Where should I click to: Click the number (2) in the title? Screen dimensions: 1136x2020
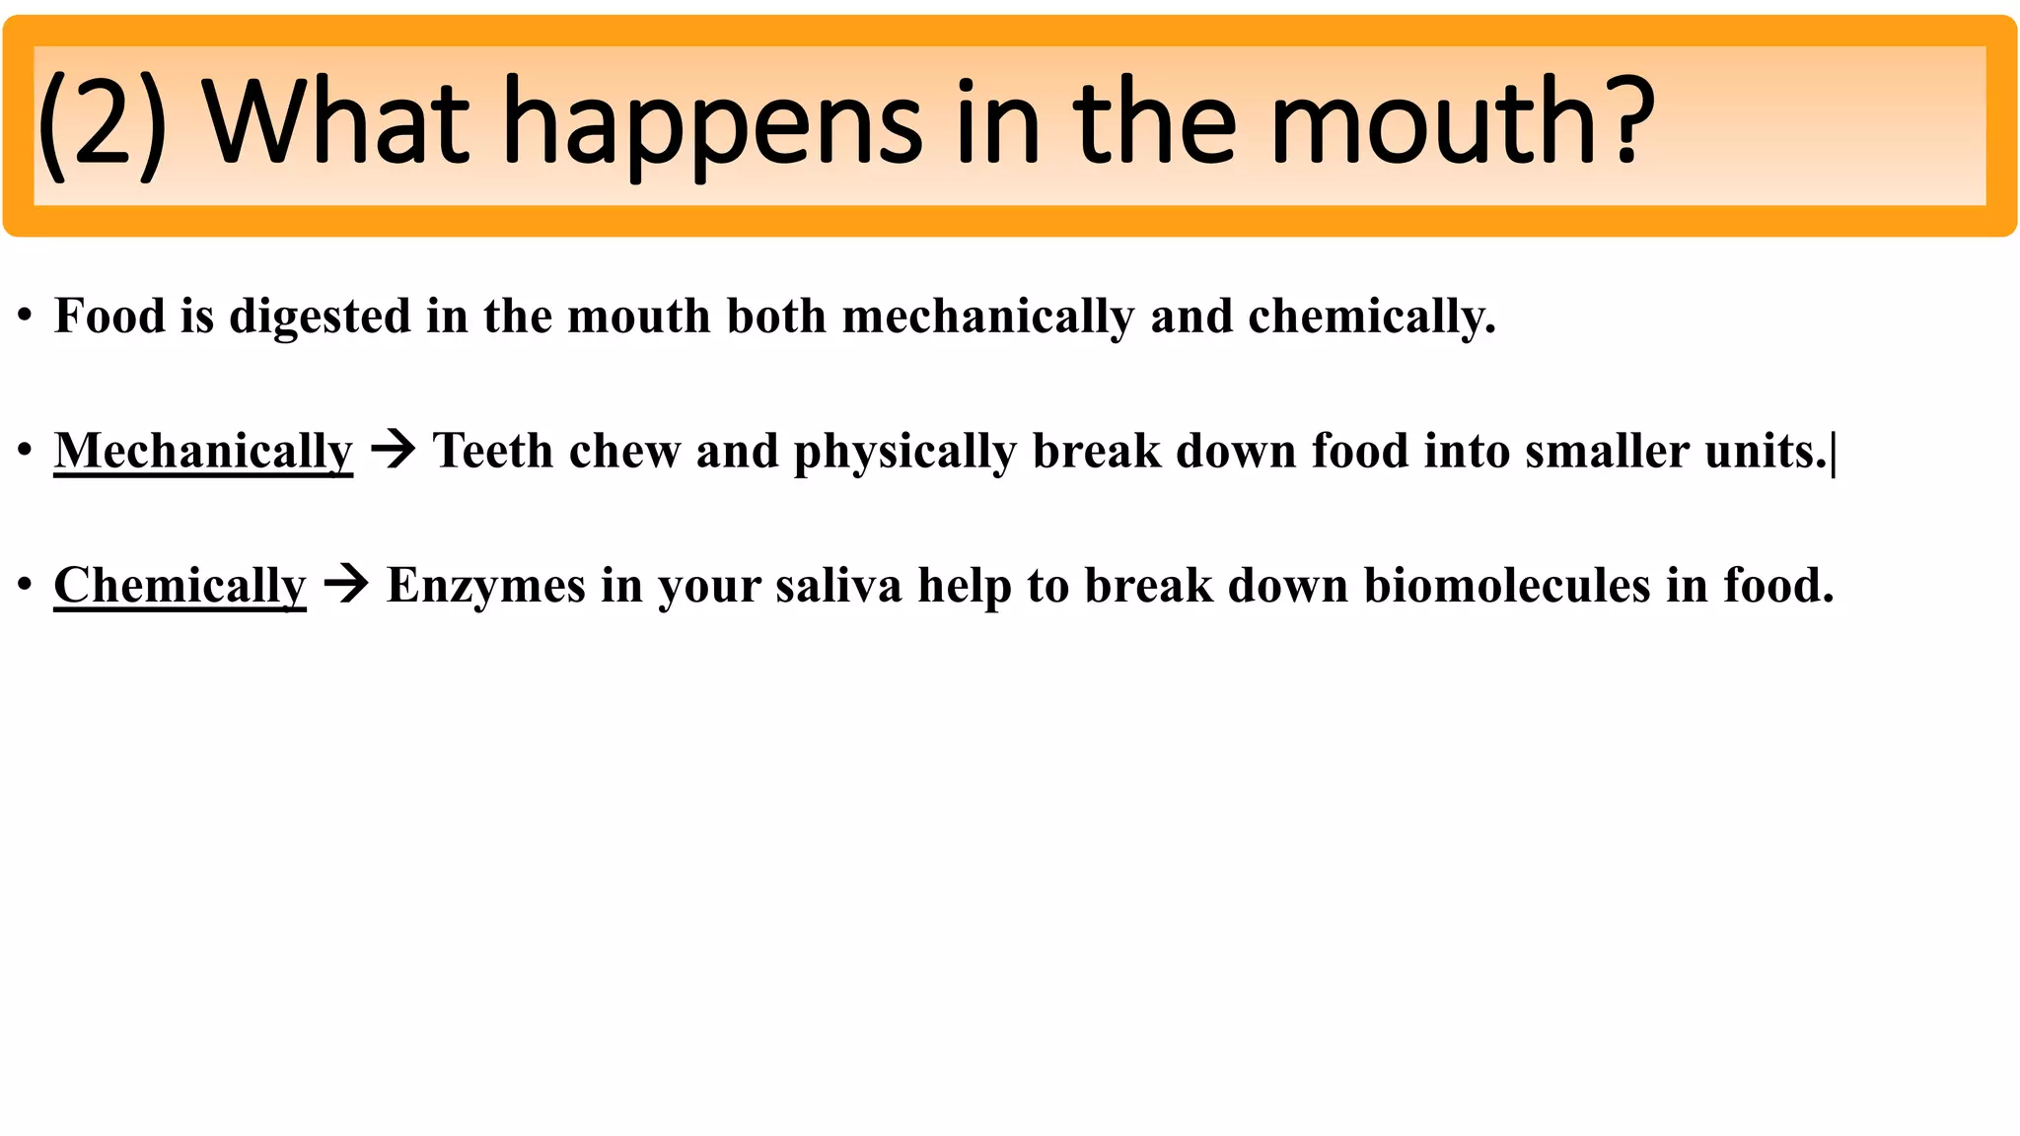pyautogui.click(x=102, y=125)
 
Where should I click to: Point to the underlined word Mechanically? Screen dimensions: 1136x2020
pyautogui.click(x=203, y=452)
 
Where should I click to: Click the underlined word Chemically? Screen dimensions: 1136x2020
pyautogui.click(x=180, y=586)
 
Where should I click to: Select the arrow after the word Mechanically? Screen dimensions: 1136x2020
pyautogui.click(x=393, y=451)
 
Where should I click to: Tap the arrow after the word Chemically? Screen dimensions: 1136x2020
pyautogui.click(x=346, y=585)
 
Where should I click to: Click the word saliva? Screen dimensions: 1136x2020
pyautogui.click(x=838, y=586)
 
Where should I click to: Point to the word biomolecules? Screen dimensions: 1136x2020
pyautogui.click(x=1507, y=586)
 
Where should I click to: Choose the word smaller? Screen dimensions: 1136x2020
pyautogui.click(x=1607, y=451)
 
